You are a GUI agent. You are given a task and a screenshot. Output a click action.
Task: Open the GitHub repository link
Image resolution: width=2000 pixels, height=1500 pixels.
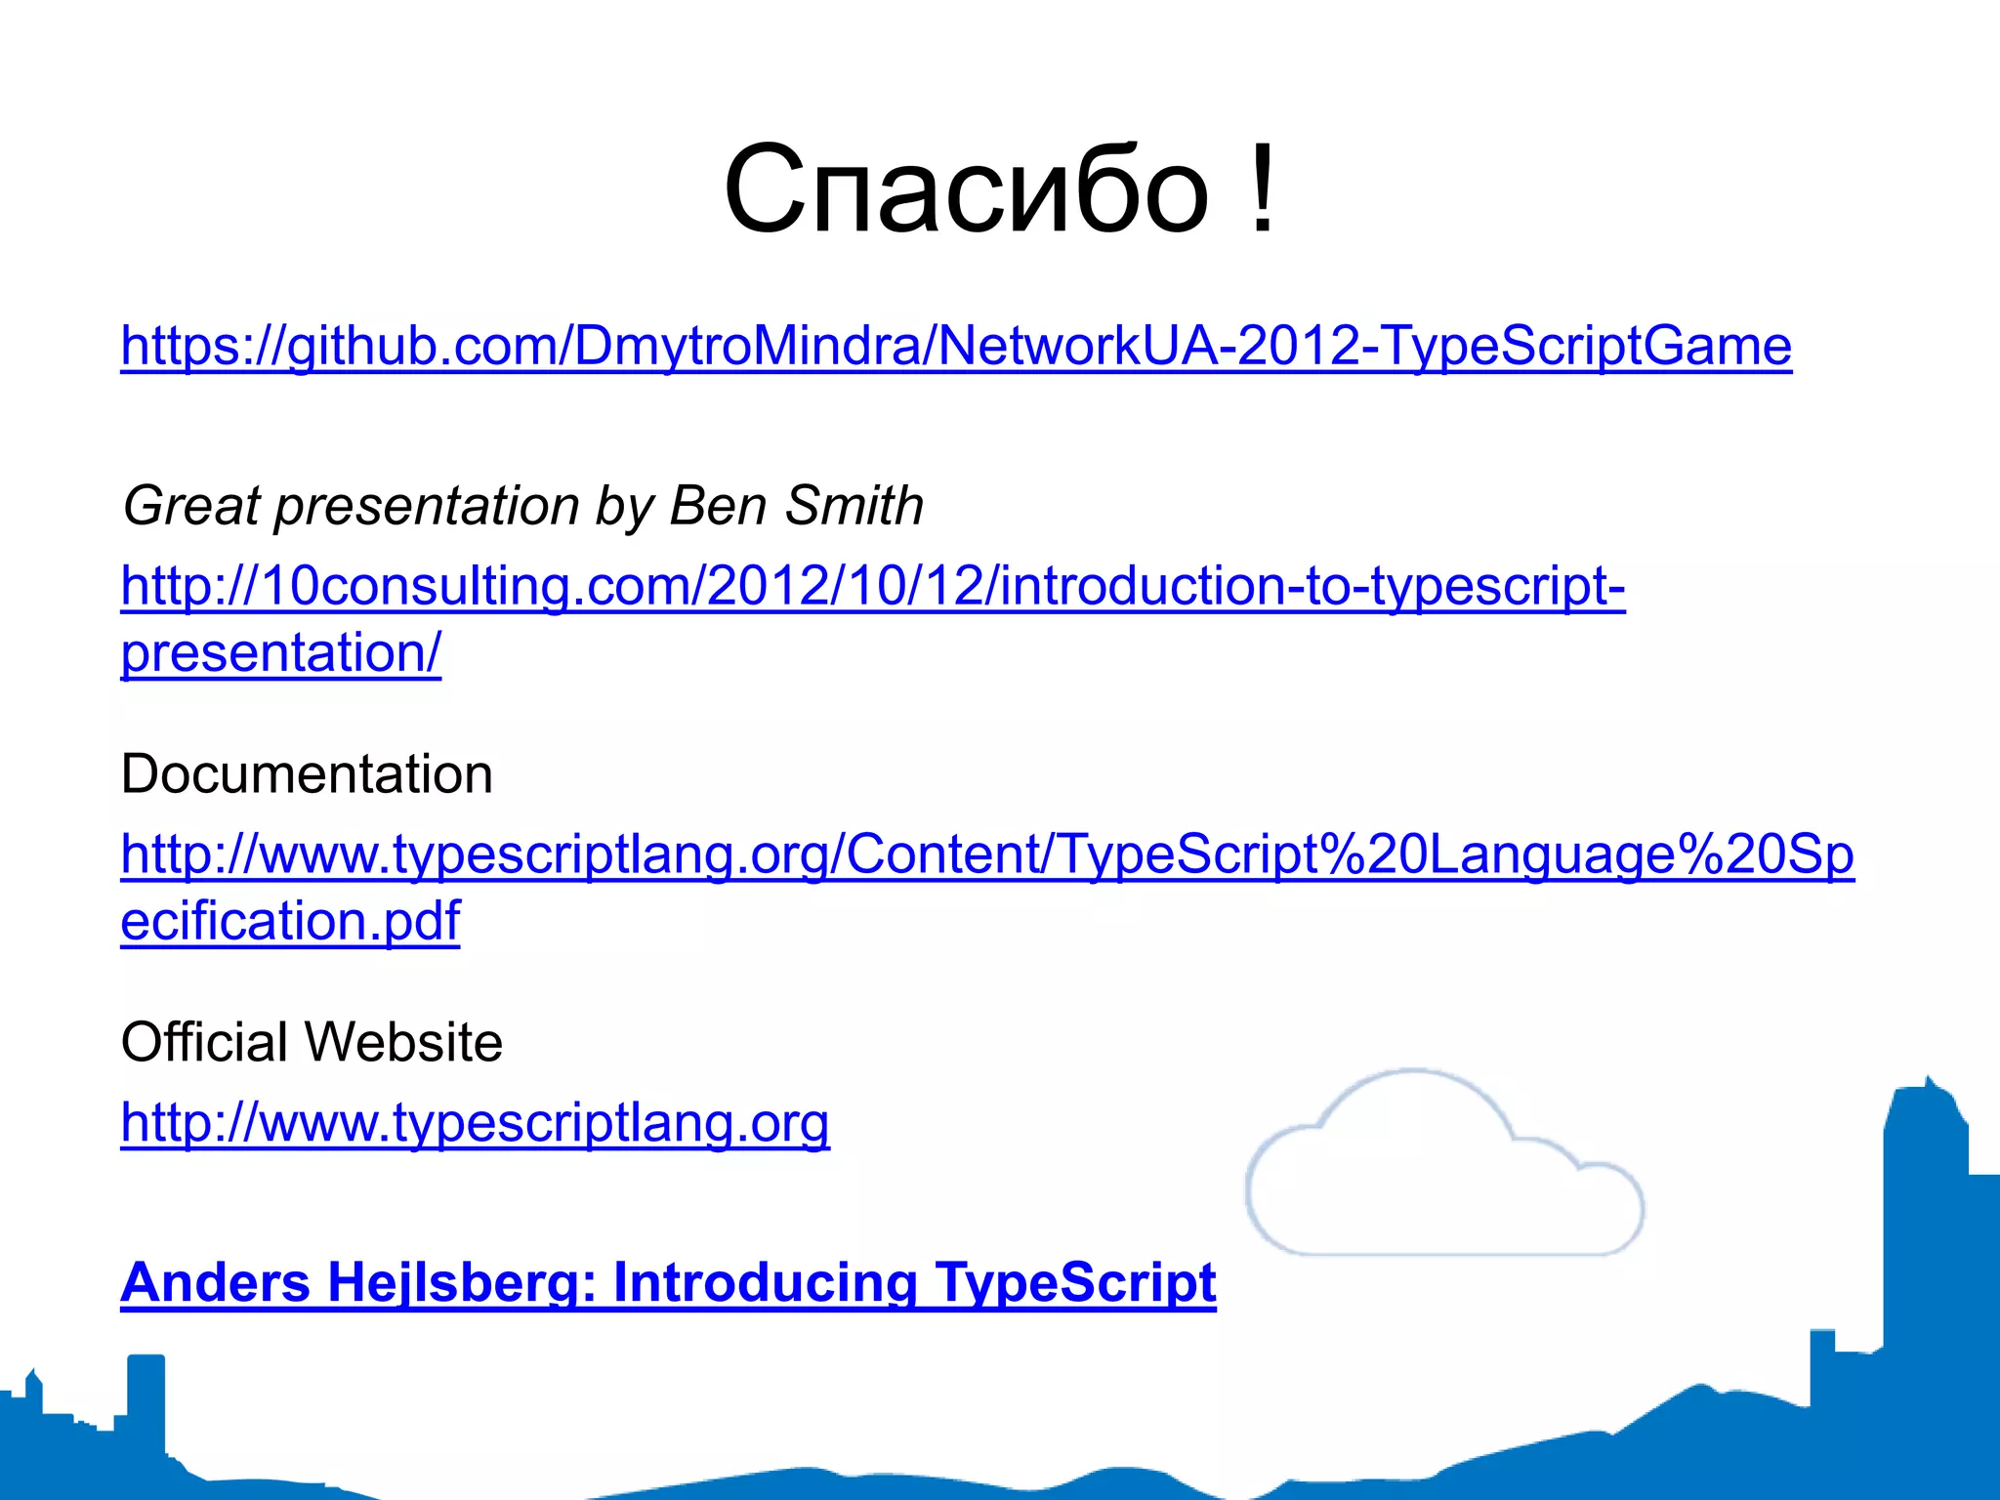955,347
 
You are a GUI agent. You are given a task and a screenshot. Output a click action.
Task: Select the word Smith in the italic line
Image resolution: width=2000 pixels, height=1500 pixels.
854,506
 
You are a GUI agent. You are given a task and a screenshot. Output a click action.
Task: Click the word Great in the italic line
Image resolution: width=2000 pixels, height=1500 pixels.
191,506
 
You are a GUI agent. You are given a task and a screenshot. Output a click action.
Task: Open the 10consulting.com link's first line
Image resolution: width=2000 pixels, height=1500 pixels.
872,587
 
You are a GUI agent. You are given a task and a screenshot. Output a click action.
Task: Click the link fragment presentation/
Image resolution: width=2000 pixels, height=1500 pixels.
280,653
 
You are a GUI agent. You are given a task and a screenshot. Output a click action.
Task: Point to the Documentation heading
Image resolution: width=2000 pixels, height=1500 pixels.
307,774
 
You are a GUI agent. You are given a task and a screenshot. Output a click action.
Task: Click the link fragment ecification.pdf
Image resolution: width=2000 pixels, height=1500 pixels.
290,921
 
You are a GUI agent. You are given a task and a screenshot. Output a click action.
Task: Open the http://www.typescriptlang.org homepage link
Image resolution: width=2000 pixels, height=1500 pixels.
475,1123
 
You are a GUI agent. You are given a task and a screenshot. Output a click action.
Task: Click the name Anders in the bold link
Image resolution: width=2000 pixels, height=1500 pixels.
215,1282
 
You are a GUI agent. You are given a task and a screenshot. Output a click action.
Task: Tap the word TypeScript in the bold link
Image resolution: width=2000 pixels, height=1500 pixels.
1074,1282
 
